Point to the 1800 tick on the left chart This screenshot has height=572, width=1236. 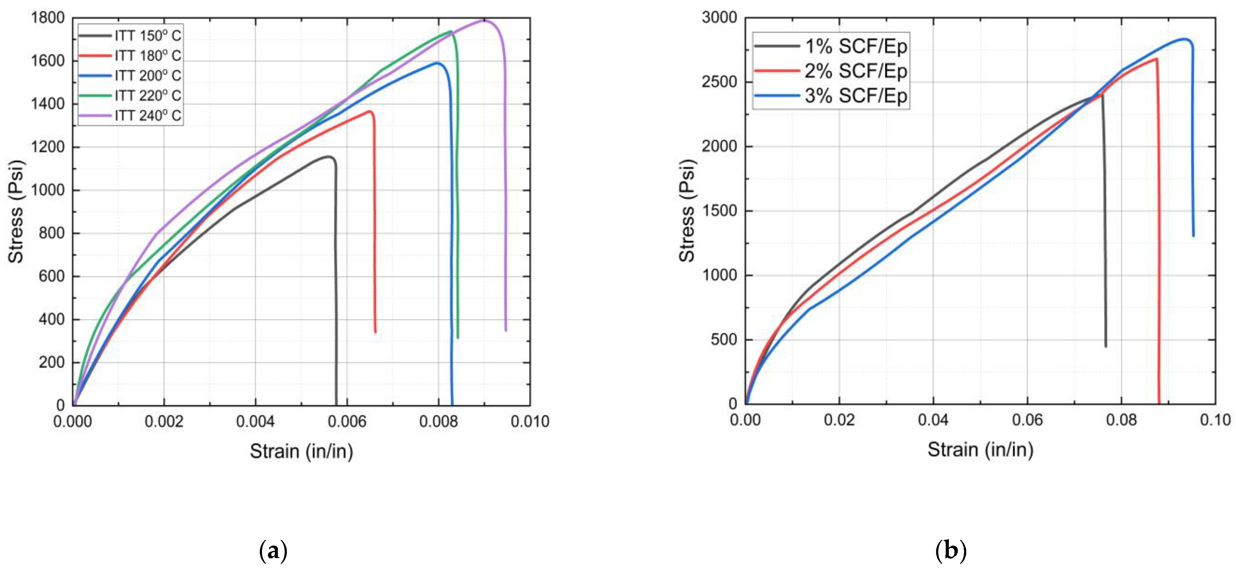click(x=48, y=18)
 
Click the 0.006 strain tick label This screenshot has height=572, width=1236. click(x=347, y=422)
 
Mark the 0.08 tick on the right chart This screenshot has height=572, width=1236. click(x=1121, y=420)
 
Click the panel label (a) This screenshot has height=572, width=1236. click(x=273, y=551)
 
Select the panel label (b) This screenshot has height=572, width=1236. click(x=950, y=551)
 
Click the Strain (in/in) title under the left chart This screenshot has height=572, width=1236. click(x=301, y=451)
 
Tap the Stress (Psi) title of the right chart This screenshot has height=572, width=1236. click(x=687, y=211)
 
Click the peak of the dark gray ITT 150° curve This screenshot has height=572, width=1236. click(x=329, y=156)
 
